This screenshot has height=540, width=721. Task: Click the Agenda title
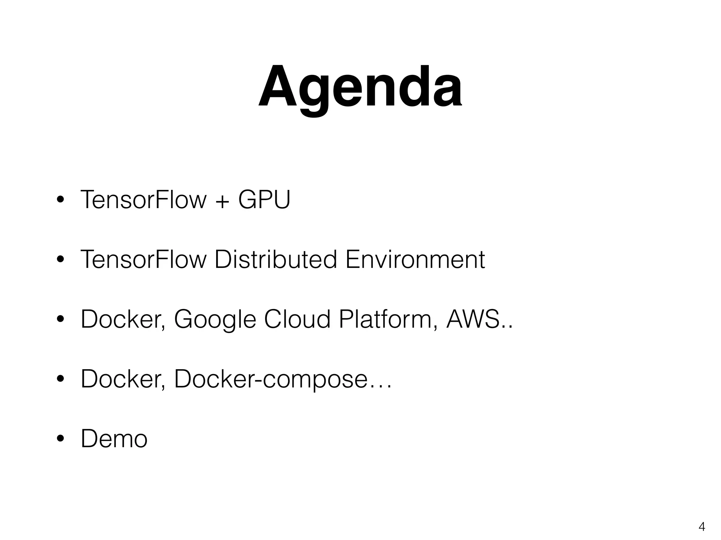click(360, 87)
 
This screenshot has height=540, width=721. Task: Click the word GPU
click(264, 200)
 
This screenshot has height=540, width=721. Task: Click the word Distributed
click(276, 259)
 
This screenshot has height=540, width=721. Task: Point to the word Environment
click(415, 259)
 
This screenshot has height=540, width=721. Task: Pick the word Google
click(215, 320)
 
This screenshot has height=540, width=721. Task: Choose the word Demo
click(114, 439)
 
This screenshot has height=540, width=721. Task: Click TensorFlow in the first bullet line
click(143, 200)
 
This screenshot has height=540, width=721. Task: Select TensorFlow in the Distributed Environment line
click(143, 259)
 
